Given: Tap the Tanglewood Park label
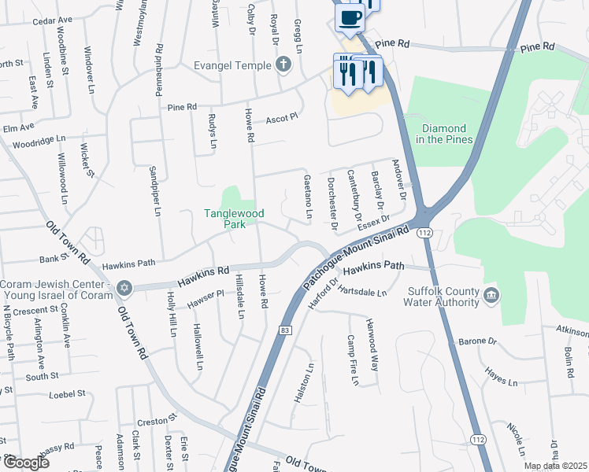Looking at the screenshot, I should click(x=234, y=218).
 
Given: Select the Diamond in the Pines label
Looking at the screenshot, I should click(x=445, y=134).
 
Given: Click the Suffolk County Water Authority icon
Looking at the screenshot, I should click(x=492, y=296).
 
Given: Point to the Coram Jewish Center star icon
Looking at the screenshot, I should click(x=123, y=288).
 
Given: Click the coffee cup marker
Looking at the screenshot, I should click(x=350, y=17).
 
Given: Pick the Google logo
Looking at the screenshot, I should click(x=26, y=463).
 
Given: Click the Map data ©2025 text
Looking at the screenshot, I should click(x=555, y=466).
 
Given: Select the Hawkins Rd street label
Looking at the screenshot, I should click(x=202, y=272).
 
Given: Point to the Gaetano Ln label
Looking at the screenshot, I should click(x=308, y=197).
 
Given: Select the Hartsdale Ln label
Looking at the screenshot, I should click(x=362, y=292).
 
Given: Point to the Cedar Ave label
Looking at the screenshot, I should click(x=53, y=20).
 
